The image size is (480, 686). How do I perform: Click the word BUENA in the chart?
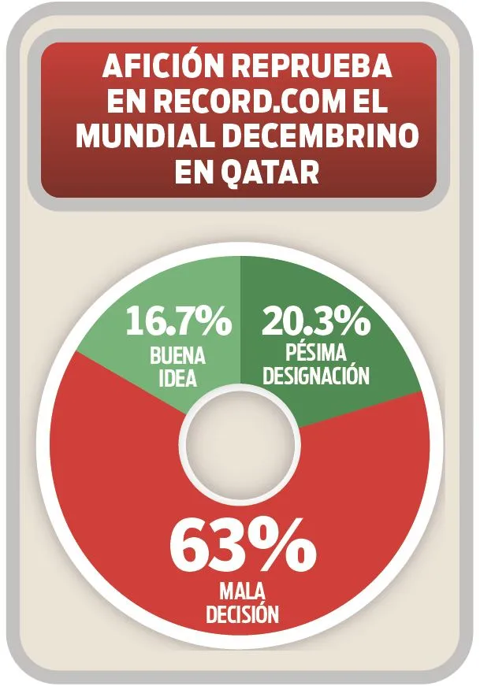tap(177, 356)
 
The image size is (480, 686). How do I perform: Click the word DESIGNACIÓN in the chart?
tap(315, 376)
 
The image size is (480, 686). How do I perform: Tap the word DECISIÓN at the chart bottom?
tap(242, 614)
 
